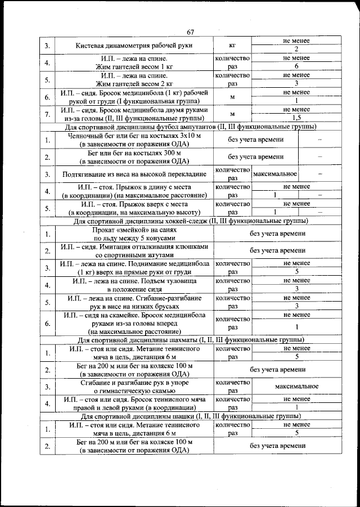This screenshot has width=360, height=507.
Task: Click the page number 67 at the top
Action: point(191,32)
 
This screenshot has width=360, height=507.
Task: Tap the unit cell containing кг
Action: point(232,45)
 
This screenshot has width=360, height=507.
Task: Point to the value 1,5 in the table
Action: point(296,118)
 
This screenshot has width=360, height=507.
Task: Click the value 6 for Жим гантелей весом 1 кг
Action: point(296,66)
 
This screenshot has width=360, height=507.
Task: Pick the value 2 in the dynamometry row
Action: point(296,49)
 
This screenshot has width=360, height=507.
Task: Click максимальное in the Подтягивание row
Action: point(275,174)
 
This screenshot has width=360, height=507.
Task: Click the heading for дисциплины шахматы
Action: point(188,340)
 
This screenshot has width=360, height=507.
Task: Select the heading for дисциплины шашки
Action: point(188,416)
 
